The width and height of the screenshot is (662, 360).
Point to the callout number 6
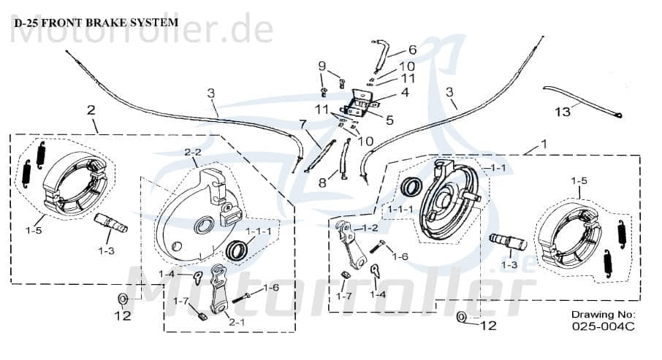pos(412,50)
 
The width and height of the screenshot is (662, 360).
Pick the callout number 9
pos(322,66)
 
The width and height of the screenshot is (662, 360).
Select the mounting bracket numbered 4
pos(361,105)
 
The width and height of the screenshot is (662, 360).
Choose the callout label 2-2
pos(192,153)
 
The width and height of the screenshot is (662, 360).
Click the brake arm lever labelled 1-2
pos(349,245)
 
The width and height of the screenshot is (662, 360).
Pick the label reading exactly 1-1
pos(497,168)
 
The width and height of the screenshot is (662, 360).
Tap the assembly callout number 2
pos(91,110)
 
